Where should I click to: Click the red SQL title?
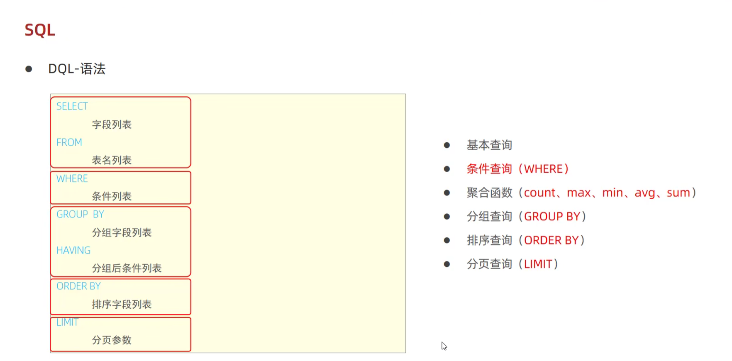click(x=40, y=30)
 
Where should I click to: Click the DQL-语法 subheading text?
click(x=77, y=69)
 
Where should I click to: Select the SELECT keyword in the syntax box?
click(x=72, y=107)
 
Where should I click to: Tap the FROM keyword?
click(x=69, y=143)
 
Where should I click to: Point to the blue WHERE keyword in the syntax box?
click(x=72, y=179)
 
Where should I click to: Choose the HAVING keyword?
click(x=73, y=251)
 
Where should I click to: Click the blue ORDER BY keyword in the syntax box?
click(x=78, y=286)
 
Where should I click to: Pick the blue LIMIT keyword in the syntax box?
click(x=67, y=322)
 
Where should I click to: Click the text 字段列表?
click(x=112, y=125)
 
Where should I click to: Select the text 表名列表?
click(x=112, y=161)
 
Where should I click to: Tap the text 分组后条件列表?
click(x=127, y=268)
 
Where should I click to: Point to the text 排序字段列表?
click(x=122, y=305)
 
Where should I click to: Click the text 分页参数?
click(x=112, y=340)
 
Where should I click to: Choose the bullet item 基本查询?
click(x=489, y=145)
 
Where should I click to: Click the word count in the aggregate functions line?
click(x=539, y=193)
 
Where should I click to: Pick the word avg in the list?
click(x=645, y=193)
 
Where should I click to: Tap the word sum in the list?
click(x=678, y=193)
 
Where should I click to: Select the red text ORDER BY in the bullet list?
click(x=551, y=241)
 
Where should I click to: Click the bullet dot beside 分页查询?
click(x=447, y=264)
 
